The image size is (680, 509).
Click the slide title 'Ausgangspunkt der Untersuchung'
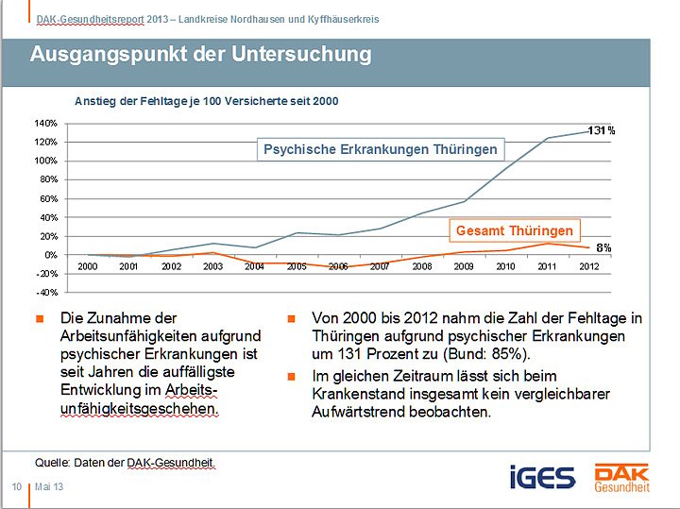[200, 55]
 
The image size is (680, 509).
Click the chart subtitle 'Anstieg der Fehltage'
[206, 101]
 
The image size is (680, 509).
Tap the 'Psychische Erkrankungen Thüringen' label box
[380, 149]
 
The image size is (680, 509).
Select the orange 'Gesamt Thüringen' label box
[514, 230]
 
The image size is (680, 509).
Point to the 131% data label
[601, 130]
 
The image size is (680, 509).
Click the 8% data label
[603, 247]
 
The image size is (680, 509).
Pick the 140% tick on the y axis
[46, 124]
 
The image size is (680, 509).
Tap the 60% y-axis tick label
[48, 199]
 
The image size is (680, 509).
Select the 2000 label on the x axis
[88, 267]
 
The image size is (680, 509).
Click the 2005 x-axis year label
[297, 267]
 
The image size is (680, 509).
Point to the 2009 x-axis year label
[464, 267]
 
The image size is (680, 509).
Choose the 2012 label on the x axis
[589, 267]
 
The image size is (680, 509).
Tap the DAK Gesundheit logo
[620, 477]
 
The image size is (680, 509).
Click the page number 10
[16, 486]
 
